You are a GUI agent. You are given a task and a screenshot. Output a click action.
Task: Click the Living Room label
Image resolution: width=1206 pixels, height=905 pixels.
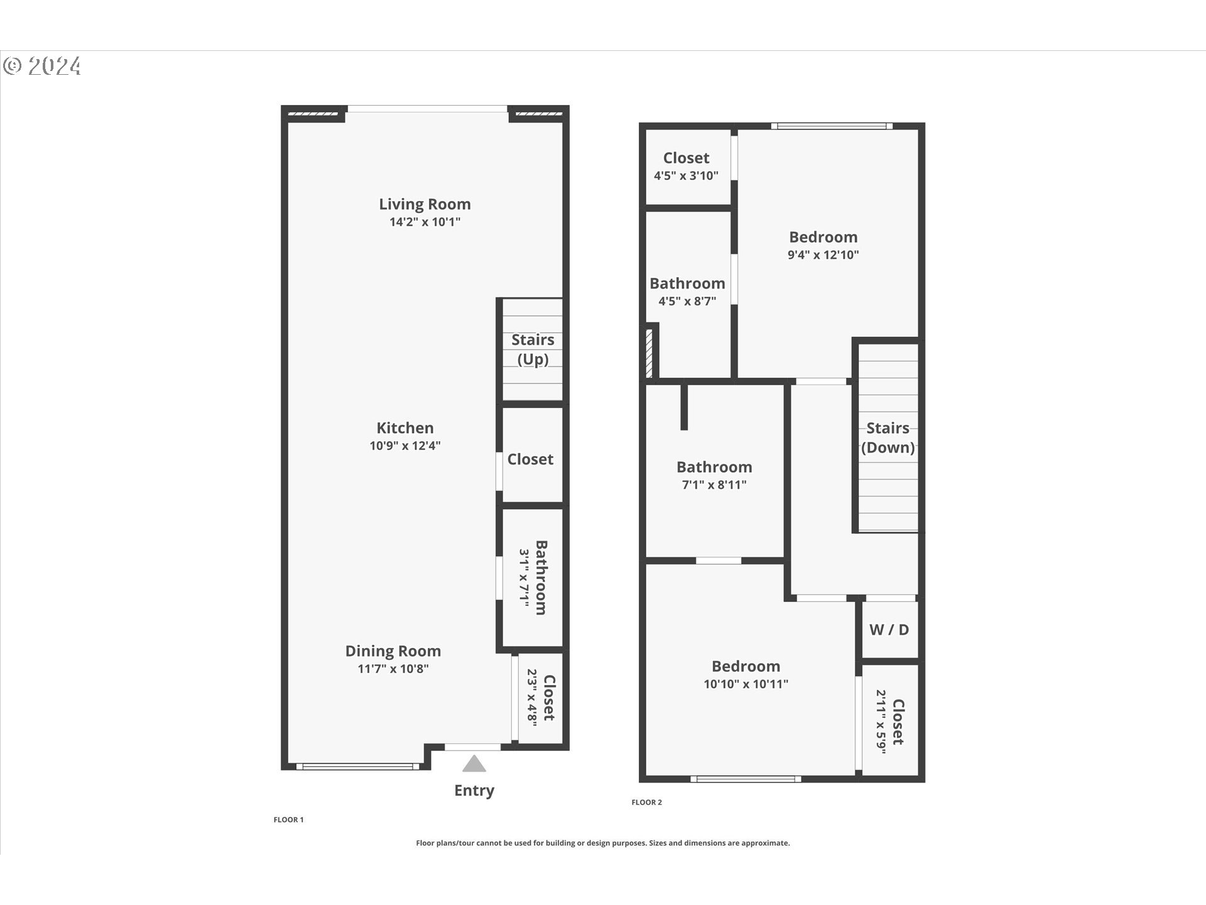[x=425, y=204]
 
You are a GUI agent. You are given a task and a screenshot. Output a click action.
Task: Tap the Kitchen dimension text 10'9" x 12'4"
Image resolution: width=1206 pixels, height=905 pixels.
[x=405, y=446]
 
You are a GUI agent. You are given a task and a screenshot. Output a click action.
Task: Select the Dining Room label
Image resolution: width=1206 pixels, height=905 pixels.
[x=393, y=651]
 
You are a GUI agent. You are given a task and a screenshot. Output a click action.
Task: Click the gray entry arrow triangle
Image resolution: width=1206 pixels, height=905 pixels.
[x=474, y=764]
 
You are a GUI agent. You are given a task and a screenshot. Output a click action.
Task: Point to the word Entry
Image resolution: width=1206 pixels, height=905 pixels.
[x=474, y=791]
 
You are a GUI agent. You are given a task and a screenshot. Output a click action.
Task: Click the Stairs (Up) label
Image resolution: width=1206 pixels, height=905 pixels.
[x=533, y=349]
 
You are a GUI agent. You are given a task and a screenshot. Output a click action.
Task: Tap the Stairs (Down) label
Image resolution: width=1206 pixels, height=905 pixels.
[x=888, y=438]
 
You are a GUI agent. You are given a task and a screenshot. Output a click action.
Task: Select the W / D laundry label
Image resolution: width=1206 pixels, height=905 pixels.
[x=889, y=630]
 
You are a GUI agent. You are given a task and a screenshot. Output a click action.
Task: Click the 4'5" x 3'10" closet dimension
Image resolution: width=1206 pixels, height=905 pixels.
[x=686, y=176]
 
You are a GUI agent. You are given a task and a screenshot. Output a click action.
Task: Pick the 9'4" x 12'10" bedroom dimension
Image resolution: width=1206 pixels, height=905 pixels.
[x=823, y=255]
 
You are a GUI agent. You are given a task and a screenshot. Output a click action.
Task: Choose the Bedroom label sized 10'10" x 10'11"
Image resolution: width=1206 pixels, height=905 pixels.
[x=746, y=666]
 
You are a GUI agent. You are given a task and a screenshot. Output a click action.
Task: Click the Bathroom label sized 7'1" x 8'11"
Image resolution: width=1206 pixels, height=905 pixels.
[x=714, y=467]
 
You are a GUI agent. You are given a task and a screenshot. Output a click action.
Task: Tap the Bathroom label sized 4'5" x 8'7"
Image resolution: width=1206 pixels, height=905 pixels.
[x=687, y=283]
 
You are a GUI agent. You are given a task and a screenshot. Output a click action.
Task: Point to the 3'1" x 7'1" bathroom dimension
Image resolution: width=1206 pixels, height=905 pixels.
[x=525, y=578]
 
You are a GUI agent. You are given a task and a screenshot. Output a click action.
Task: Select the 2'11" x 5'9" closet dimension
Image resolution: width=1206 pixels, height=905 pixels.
[x=881, y=721]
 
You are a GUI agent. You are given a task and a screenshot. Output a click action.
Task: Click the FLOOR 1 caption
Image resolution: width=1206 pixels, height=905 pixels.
[x=288, y=820]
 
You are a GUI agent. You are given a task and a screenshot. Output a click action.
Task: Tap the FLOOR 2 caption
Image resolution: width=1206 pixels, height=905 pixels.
[x=646, y=802]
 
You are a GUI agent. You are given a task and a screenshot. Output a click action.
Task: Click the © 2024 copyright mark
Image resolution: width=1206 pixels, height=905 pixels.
[x=42, y=66]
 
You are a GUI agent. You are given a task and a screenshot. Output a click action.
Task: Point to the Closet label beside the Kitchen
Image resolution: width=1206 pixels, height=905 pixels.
[x=530, y=459]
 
